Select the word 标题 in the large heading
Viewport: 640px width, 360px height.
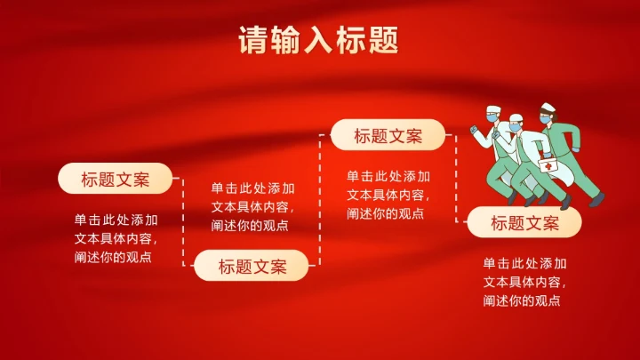pyautogui.click(x=366, y=41)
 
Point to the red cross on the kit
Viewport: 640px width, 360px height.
pyautogui.click(x=549, y=166)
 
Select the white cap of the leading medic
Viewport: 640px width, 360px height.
pyautogui.click(x=494, y=111)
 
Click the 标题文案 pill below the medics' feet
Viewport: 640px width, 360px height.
pyautogui.click(x=524, y=223)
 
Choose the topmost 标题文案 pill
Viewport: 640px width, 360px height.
pyautogui.click(x=388, y=136)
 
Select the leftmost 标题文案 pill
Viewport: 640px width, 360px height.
pyautogui.click(x=116, y=179)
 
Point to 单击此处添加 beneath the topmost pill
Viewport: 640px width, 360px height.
pyautogui.click(x=388, y=176)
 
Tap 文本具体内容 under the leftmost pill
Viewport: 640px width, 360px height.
pyautogui.click(x=116, y=238)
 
